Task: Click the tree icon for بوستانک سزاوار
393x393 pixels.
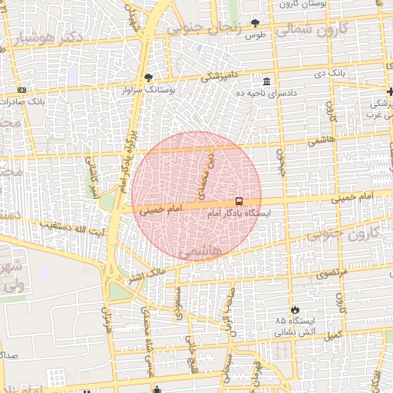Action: [148, 78]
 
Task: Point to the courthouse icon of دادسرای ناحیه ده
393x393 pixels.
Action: [266, 81]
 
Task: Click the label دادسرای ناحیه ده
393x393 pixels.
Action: [266, 92]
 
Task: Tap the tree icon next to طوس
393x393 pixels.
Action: [256, 24]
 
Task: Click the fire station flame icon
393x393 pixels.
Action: [292, 307]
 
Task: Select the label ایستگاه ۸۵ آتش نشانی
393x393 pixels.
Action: [294, 326]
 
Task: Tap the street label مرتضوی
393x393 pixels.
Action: [332, 272]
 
